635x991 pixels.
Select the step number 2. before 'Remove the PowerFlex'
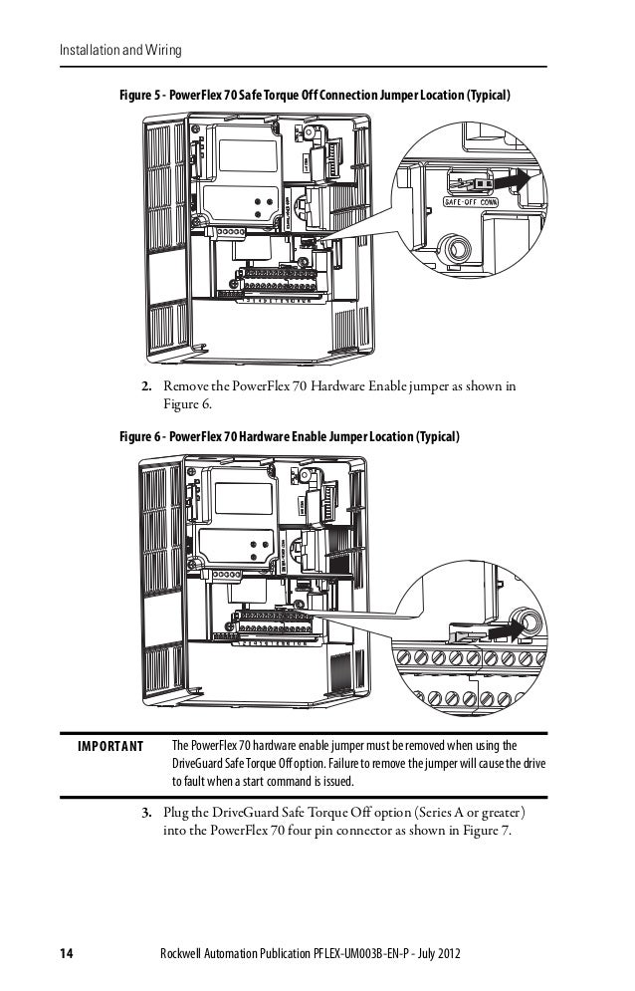pos(145,386)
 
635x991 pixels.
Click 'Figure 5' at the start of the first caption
pos(141,97)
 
